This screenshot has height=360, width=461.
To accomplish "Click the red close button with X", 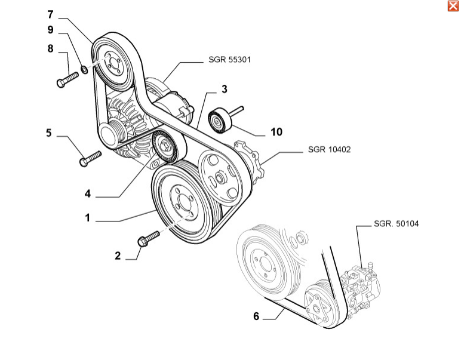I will [x=453, y=6].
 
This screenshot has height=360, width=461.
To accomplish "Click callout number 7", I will [x=50, y=14].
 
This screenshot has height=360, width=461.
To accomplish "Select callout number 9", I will [x=50, y=30].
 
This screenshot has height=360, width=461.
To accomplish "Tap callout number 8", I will [x=50, y=48].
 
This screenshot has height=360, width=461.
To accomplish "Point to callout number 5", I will [x=49, y=133].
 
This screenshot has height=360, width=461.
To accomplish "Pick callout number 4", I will [x=88, y=194].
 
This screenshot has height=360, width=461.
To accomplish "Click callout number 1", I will [x=87, y=219].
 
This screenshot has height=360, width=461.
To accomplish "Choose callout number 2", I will [x=118, y=256].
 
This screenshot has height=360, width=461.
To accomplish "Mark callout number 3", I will [x=225, y=90].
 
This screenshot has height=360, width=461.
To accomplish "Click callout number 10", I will [x=276, y=132].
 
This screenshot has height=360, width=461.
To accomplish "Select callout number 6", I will [x=256, y=316].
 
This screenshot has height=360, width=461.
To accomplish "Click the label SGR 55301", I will [x=229, y=60].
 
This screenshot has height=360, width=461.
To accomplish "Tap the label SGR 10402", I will [x=329, y=149].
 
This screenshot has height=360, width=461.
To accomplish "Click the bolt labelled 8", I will [x=67, y=79].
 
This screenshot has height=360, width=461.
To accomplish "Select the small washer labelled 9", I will [x=84, y=70].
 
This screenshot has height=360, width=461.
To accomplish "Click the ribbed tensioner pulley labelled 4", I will [x=164, y=146].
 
